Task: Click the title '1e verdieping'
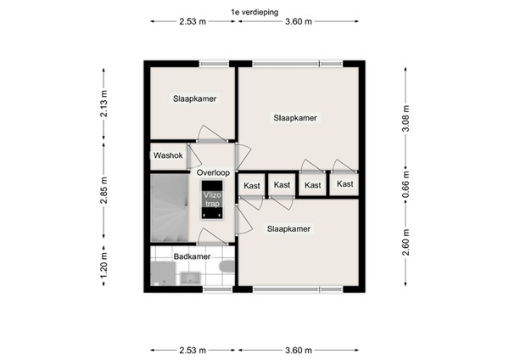255,11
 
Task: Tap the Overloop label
212,172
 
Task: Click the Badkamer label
192,256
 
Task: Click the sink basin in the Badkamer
189,277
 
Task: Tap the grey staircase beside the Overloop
169,208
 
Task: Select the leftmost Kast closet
252,185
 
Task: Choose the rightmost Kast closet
344,184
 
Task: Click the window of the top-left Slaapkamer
213,62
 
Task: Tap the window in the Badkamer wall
218,290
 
